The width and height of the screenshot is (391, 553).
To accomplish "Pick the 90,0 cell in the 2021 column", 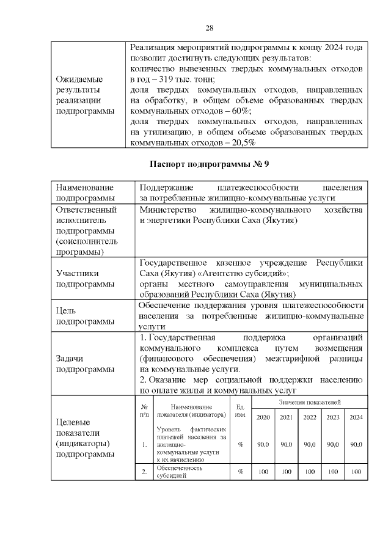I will (x=286, y=444).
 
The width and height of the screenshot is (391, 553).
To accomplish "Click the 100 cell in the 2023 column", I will (x=333, y=472).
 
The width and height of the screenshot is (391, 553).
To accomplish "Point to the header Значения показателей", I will (x=310, y=402).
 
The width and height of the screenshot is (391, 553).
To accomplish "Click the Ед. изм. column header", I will (x=241, y=411).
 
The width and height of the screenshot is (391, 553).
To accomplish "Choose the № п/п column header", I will (x=144, y=411).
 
